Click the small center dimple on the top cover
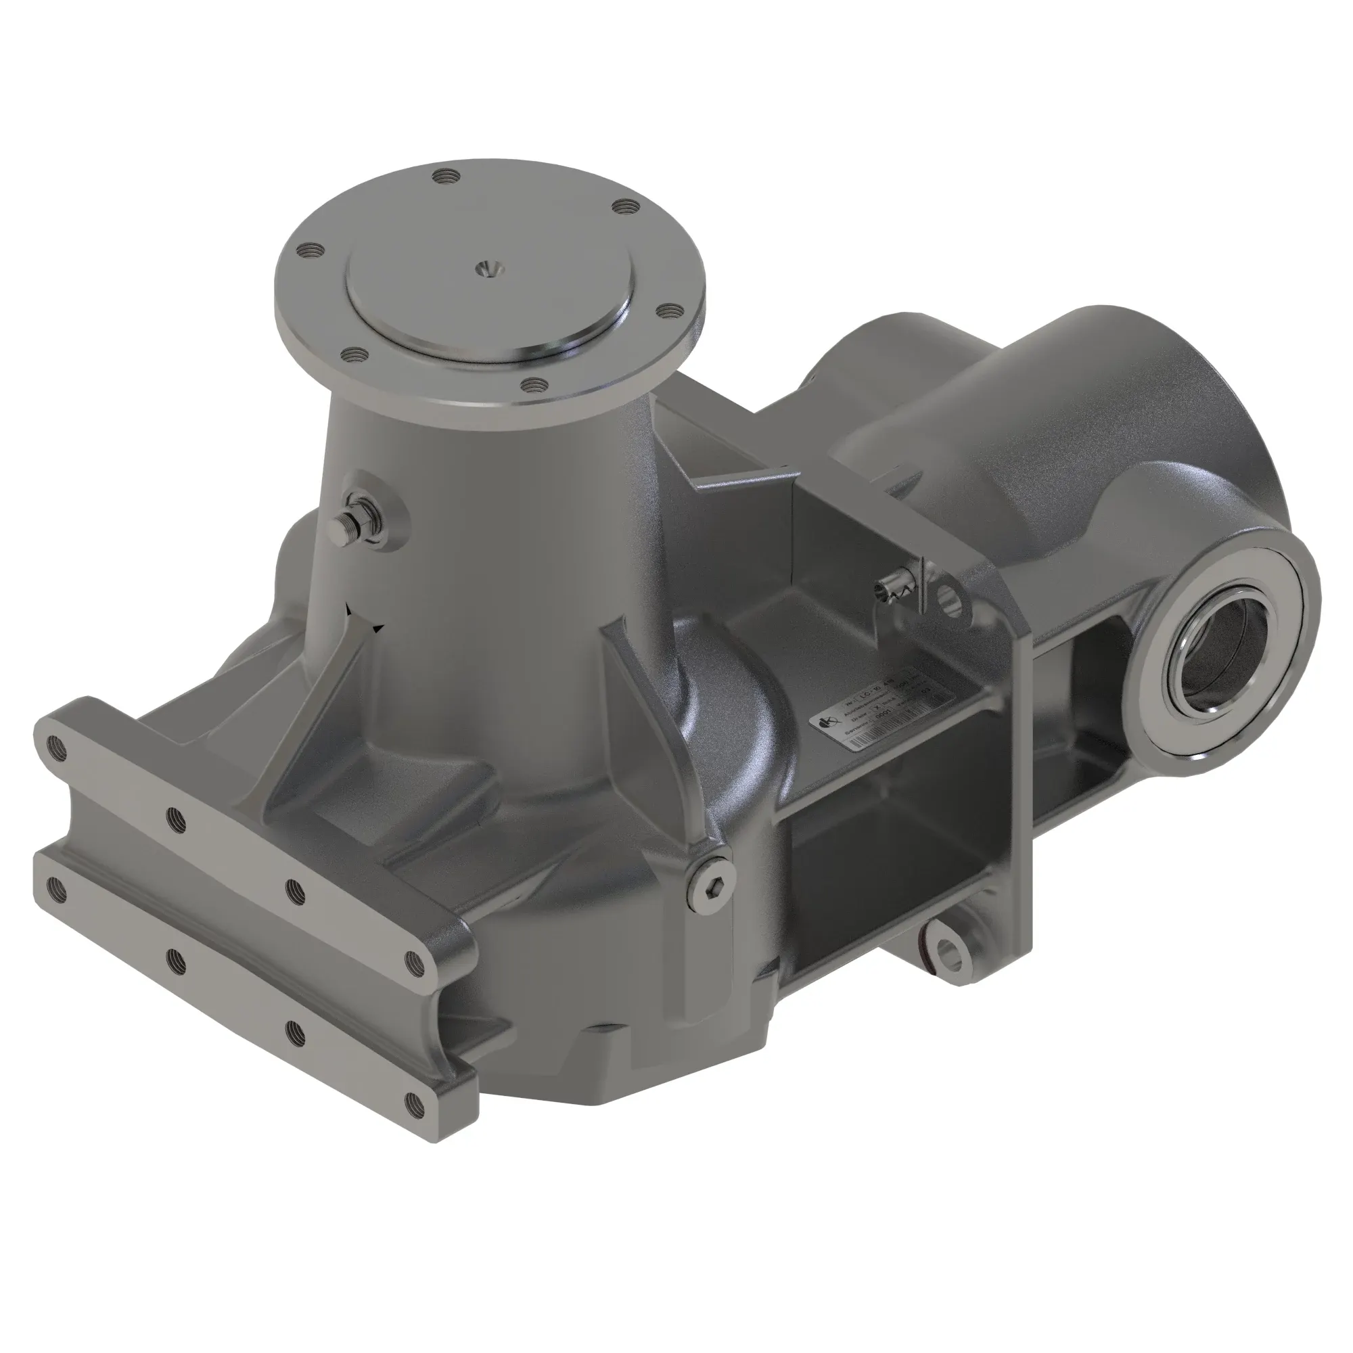[484, 267]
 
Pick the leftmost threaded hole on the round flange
[306, 250]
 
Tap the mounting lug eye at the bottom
[950, 953]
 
